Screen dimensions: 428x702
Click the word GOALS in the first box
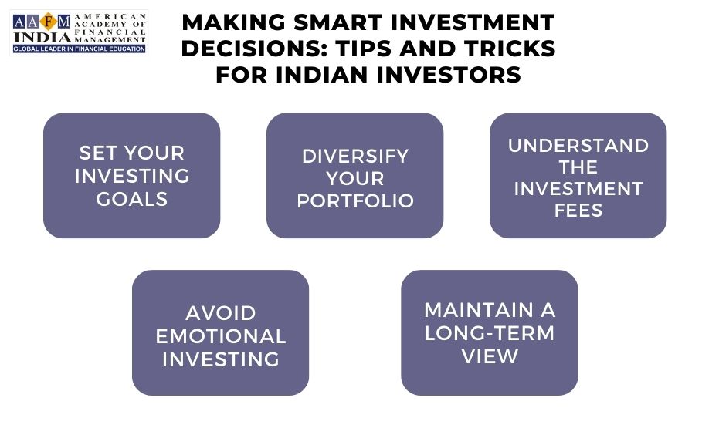[x=132, y=199]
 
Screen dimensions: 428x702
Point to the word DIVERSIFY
[x=355, y=156]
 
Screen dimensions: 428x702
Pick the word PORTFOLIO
[x=355, y=201]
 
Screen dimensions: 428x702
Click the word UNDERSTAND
[x=578, y=146]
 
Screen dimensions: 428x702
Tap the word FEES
[x=578, y=211]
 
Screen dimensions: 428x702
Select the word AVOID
[x=221, y=314]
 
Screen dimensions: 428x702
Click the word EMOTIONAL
[x=221, y=336]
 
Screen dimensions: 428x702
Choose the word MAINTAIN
[x=480, y=310]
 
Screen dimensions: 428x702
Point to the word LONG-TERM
[x=490, y=333]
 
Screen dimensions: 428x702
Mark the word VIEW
[x=490, y=356]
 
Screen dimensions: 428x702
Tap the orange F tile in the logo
[x=47, y=21]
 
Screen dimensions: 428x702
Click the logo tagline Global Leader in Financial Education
[x=78, y=49]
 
